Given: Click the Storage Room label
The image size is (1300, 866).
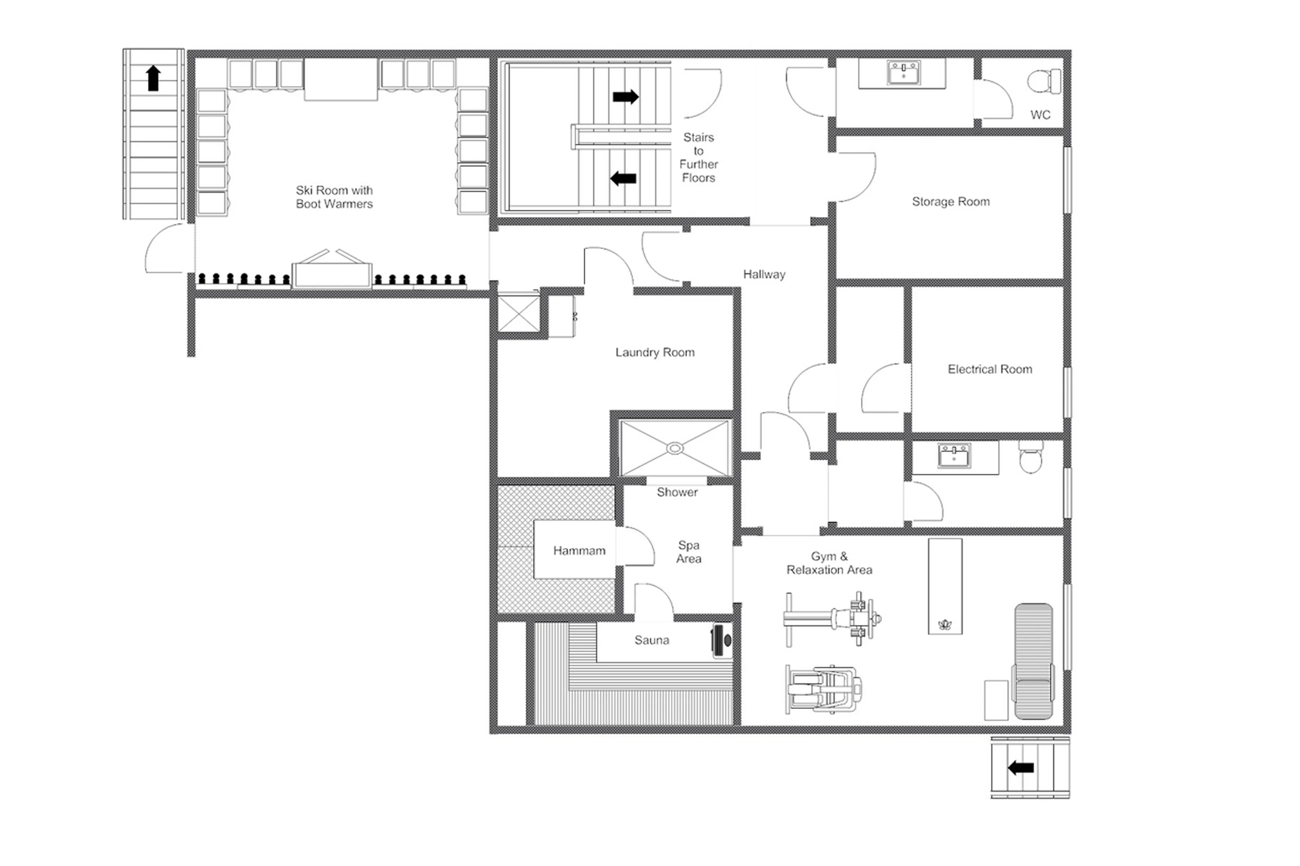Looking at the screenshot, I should (x=950, y=202).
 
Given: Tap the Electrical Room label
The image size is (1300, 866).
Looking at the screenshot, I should (x=990, y=369).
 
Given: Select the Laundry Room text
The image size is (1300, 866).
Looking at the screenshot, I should (x=655, y=352).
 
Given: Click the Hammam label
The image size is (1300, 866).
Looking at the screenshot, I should (x=579, y=551).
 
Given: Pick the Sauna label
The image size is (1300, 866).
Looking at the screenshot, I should (x=651, y=640).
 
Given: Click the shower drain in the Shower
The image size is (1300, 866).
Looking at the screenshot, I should (x=675, y=448).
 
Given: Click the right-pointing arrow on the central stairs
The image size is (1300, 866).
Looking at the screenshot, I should (x=625, y=97).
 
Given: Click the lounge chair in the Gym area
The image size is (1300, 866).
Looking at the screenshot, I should (x=1033, y=661).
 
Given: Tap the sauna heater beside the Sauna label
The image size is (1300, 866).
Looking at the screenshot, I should (x=721, y=641).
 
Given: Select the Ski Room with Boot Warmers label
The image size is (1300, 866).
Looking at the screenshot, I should (x=334, y=197).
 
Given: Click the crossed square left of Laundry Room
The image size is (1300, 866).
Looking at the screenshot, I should (x=518, y=314).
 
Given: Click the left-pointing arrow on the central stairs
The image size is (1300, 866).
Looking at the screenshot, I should (x=623, y=178).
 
